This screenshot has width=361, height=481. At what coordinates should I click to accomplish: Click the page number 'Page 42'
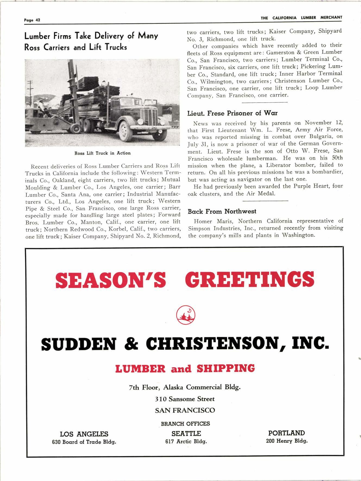click(x=32, y=20)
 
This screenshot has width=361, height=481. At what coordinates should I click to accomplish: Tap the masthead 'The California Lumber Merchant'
click(x=301, y=18)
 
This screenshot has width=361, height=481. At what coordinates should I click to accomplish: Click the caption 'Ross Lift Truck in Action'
click(x=102, y=153)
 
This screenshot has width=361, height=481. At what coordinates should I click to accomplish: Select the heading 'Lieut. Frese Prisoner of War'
click(x=232, y=113)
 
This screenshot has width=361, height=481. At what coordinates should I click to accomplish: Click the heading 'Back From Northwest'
click(x=222, y=211)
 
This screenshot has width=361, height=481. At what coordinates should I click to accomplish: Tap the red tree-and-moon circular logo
click(x=186, y=315)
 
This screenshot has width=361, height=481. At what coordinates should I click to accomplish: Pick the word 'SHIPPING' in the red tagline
click(x=225, y=368)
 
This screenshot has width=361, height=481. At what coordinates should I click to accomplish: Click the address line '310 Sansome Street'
click(x=185, y=399)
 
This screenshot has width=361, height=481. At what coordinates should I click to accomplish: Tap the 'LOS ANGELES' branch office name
click(x=84, y=434)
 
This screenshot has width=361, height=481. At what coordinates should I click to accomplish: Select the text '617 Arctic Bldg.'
click(x=186, y=442)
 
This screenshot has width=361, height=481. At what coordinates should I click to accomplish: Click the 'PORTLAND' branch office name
click(x=286, y=433)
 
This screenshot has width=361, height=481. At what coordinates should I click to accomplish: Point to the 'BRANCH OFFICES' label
click(x=185, y=424)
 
